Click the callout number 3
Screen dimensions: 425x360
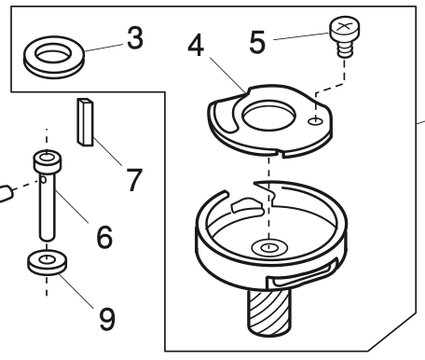point(135,38)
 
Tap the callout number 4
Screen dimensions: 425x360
point(196,46)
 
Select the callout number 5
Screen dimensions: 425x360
point(257,42)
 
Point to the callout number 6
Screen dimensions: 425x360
point(104,237)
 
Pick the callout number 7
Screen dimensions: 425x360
point(134,180)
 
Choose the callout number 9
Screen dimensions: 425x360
point(107,319)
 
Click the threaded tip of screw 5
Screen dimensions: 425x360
point(345,50)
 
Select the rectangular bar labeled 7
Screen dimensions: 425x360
point(85,122)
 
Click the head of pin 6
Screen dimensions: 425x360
point(48,161)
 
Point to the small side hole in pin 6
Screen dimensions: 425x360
point(44,179)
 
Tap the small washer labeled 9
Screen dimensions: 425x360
point(47,262)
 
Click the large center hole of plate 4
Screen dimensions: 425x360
point(268,116)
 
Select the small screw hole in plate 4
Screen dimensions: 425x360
point(315,121)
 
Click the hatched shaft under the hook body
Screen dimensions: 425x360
point(269,312)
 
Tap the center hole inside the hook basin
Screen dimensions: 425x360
point(269,248)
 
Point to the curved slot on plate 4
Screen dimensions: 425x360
point(225,117)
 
